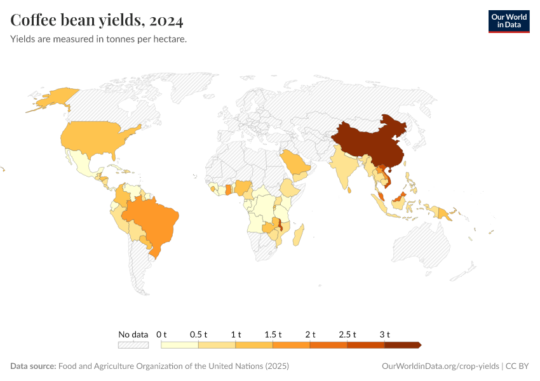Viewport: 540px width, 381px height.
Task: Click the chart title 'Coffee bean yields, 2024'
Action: tap(97, 21)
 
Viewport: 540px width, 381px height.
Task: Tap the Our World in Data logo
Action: tap(508, 21)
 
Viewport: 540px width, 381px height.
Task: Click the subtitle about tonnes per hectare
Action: tap(98, 39)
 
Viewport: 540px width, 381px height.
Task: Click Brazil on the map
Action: tap(156, 219)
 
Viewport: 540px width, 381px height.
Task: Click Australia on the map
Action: tap(422, 248)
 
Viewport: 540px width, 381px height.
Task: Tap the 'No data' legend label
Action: tap(133, 334)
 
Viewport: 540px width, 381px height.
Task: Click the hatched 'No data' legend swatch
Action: tap(133, 345)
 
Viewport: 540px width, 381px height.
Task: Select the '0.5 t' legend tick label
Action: tap(199, 334)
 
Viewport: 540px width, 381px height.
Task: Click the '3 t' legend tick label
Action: tap(384, 334)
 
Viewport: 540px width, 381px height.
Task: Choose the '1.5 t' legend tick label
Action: tap(273, 334)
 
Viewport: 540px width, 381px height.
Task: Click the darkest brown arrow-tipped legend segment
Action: tap(402, 345)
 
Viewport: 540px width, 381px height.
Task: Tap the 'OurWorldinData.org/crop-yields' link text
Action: tap(440, 366)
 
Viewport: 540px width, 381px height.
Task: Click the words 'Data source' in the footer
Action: tap(33, 366)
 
